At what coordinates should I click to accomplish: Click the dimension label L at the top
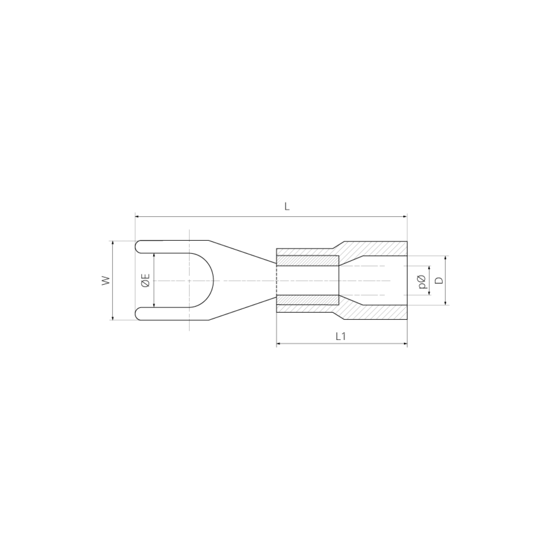click(287, 206)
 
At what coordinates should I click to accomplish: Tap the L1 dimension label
click(341, 337)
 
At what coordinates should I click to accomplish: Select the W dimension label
click(107, 280)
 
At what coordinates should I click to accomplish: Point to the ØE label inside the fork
click(145, 280)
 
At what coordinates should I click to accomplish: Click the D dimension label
click(440, 280)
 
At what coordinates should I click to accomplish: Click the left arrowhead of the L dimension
click(137, 216)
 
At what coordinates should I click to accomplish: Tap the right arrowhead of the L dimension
click(405, 216)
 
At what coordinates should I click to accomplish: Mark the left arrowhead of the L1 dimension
click(279, 344)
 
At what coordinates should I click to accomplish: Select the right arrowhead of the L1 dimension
click(405, 344)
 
